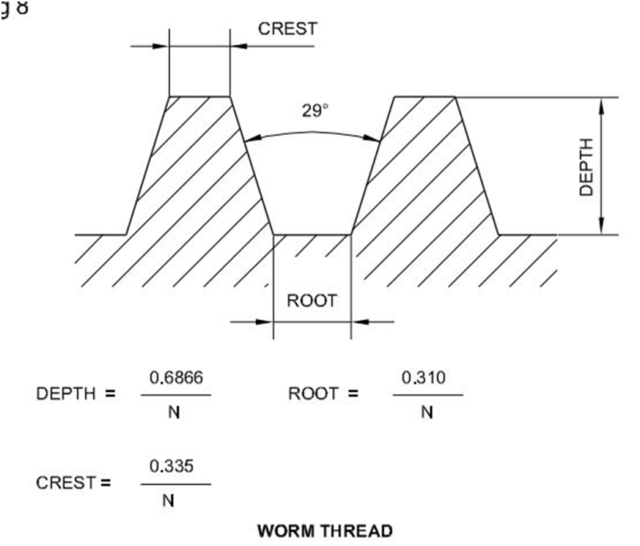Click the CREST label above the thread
coord(287,29)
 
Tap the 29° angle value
coord(315,111)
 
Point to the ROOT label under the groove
coord(312,300)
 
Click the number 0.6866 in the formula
coord(176,377)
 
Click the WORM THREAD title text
coord(325,531)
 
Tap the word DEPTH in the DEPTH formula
coord(66,394)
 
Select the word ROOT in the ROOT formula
coord(313,394)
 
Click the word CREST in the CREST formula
coord(67,483)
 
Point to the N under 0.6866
coord(174,412)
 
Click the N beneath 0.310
coord(427,412)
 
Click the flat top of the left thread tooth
coord(199,96)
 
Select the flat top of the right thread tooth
coord(424,96)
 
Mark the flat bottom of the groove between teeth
coord(312,235)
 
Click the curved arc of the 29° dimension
coord(312,133)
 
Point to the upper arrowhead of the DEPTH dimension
coord(601,104)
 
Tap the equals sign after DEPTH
coord(110,394)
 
